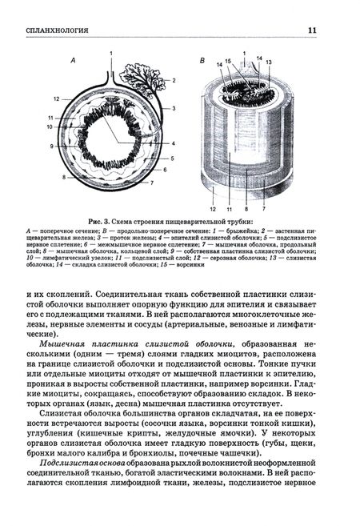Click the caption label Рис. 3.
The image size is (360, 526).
(x=102, y=222)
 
